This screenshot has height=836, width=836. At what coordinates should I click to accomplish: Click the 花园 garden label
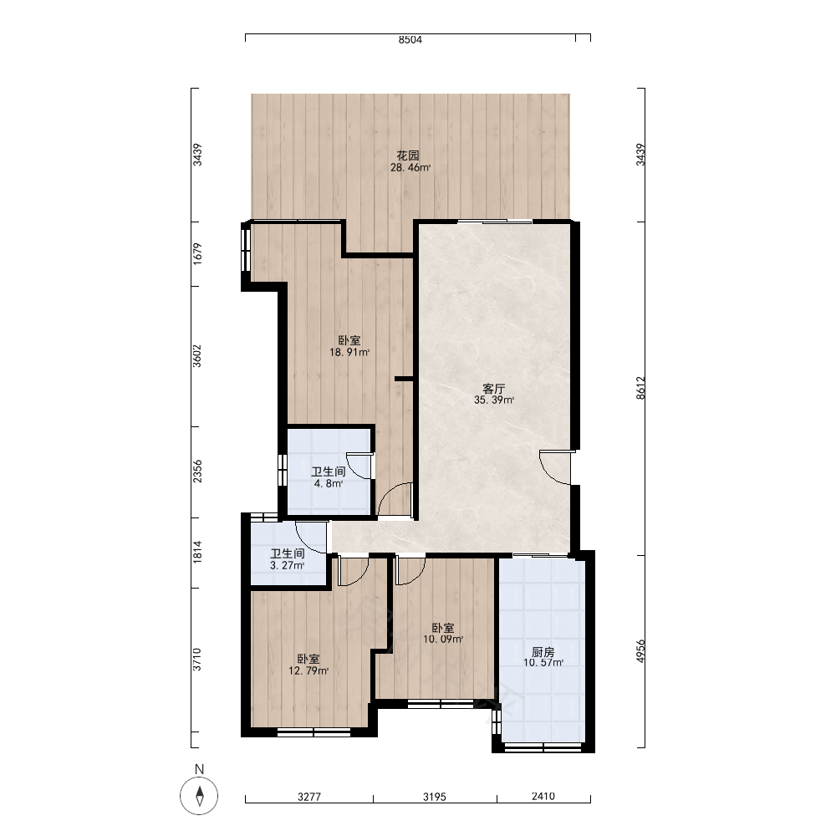point(408,155)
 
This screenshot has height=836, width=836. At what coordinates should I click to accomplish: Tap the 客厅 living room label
point(494,389)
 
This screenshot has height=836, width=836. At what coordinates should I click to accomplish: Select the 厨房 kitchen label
point(543,652)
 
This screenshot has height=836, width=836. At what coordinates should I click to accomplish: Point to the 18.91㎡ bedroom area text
point(349,353)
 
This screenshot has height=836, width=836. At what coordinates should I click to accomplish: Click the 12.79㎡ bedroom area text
point(308,671)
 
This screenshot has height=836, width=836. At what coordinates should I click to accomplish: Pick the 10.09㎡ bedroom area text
point(443,640)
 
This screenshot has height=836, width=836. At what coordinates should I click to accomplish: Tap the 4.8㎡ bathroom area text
point(329,484)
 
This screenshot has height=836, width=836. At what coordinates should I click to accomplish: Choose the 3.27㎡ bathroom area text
point(288,566)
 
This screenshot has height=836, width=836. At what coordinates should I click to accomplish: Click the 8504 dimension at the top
point(410,39)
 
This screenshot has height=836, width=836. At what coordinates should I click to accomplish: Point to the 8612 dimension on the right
point(641,388)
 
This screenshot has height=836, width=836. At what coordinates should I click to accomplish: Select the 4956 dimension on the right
point(641,651)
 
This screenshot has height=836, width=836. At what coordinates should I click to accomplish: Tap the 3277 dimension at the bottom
point(309,797)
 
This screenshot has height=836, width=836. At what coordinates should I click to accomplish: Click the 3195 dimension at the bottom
point(435,797)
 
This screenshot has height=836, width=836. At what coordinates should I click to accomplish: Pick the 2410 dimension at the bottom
point(543,796)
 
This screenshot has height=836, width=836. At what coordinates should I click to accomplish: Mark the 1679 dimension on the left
point(197,254)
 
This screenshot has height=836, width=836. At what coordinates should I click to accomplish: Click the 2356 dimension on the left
point(197,472)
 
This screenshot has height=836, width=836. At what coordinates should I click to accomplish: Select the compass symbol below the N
point(200,796)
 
